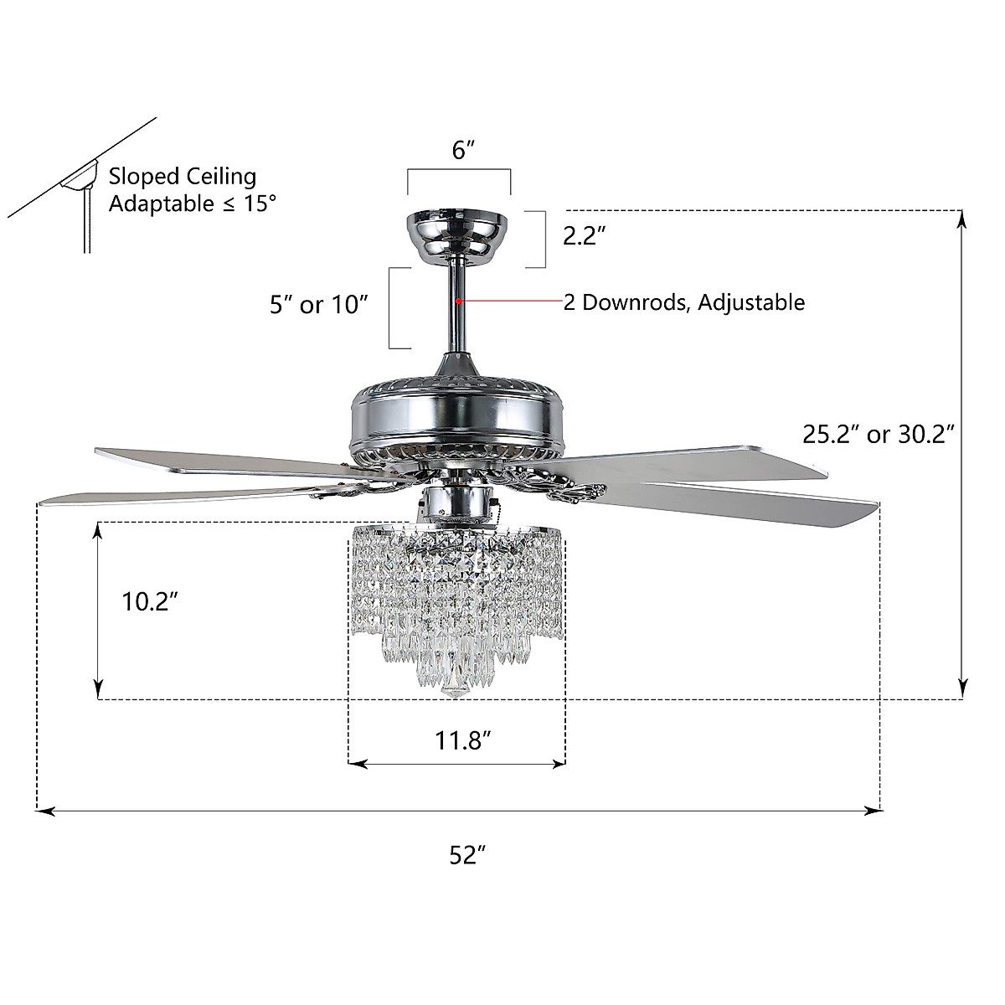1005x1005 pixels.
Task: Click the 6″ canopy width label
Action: (x=463, y=151)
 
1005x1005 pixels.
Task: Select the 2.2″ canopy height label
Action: (x=584, y=236)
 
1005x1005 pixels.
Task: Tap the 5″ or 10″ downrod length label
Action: (x=320, y=304)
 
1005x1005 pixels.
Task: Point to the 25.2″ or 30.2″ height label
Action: (x=879, y=434)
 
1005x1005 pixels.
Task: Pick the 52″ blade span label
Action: (x=468, y=855)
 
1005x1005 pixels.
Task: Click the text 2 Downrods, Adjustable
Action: (x=683, y=302)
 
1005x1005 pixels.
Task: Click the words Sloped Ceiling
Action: (x=183, y=176)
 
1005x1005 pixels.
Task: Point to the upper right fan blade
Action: (x=687, y=460)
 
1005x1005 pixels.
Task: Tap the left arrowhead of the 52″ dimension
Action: (x=44, y=811)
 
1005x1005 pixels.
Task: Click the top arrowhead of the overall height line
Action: (x=962, y=217)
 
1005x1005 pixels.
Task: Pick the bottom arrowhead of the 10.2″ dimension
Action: (x=99, y=691)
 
